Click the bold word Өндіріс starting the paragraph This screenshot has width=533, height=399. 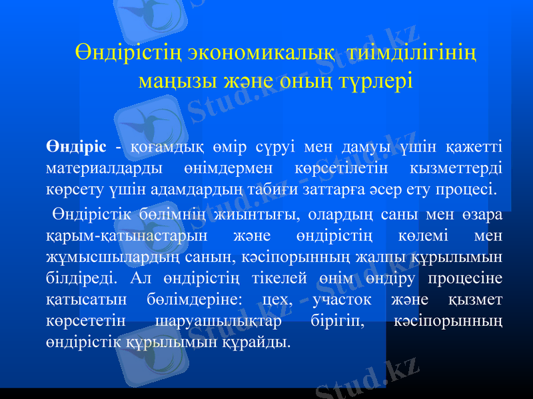point(77,146)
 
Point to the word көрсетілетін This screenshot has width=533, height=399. point(346,166)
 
